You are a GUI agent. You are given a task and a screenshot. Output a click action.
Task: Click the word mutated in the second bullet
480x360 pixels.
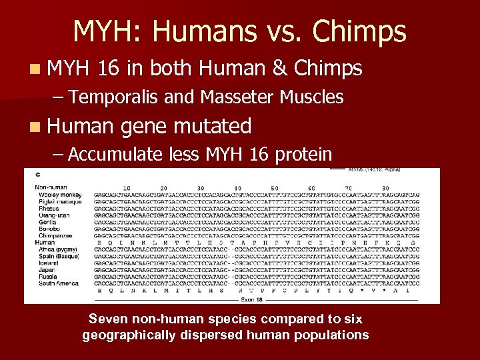(x=213, y=125)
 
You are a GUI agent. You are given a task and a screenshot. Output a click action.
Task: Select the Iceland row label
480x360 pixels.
(x=49, y=263)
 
